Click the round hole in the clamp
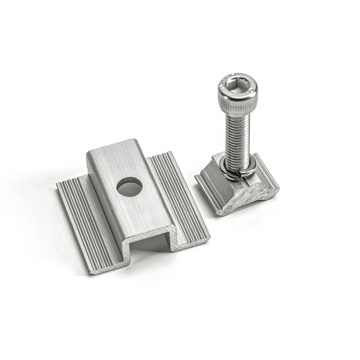(129, 187)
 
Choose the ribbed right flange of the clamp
(180, 191)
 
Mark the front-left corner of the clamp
(91, 272)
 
